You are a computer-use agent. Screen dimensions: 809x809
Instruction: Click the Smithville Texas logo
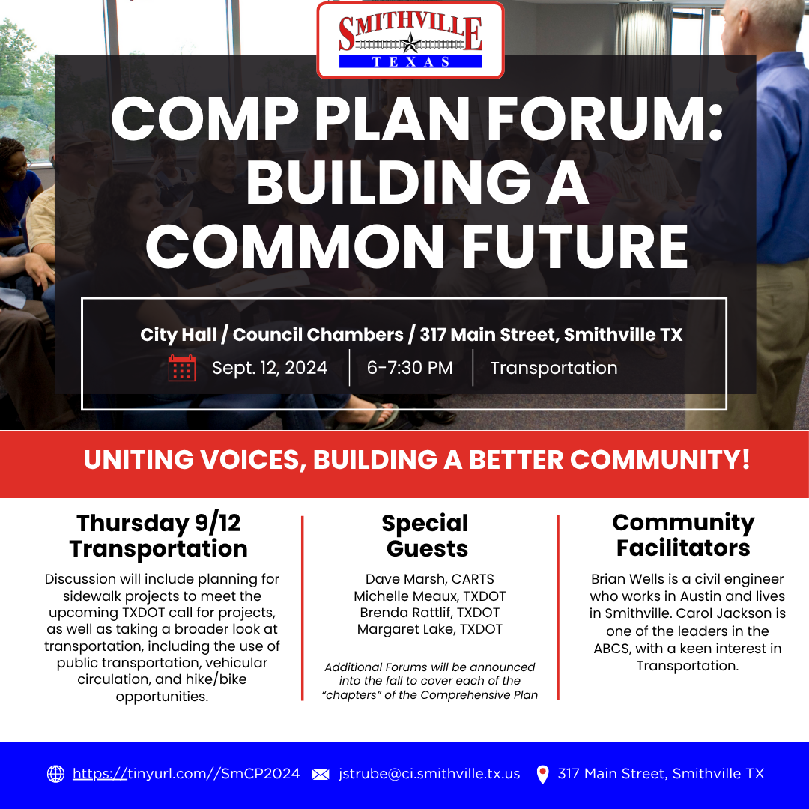coord(410,40)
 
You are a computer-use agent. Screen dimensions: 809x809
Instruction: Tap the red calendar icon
coord(182,369)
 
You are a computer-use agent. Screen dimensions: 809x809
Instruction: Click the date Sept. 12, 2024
coord(270,368)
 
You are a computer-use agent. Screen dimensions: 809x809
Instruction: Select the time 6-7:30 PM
coord(410,368)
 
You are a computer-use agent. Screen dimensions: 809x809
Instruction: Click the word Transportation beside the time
coord(554,368)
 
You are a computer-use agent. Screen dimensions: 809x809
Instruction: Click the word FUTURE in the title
coord(575,246)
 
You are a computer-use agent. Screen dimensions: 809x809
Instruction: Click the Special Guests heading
coord(426,535)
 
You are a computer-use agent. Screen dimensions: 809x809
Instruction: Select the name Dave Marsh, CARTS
coord(429,579)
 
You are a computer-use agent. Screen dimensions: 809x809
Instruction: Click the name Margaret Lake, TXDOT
coord(429,629)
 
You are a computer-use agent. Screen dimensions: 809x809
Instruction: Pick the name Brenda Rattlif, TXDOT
coord(429,613)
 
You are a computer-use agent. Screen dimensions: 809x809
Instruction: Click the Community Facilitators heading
coord(682,535)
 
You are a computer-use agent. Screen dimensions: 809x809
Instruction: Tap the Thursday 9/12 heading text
coord(158,523)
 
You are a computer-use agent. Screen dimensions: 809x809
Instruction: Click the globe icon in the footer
coord(56,774)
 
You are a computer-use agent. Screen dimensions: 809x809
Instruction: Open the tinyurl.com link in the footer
coord(186,774)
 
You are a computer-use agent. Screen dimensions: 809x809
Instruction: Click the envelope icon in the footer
coord(320,774)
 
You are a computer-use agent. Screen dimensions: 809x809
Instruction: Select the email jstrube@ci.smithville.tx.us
coord(429,774)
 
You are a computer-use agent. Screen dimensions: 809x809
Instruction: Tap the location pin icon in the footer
coord(543,774)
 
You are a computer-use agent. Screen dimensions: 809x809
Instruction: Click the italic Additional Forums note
coord(429,680)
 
